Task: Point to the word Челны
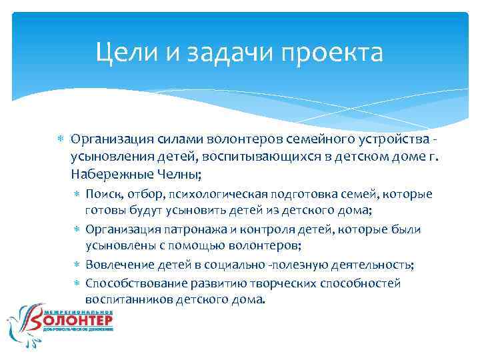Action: click(182, 174)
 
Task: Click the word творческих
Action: click(290, 283)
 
